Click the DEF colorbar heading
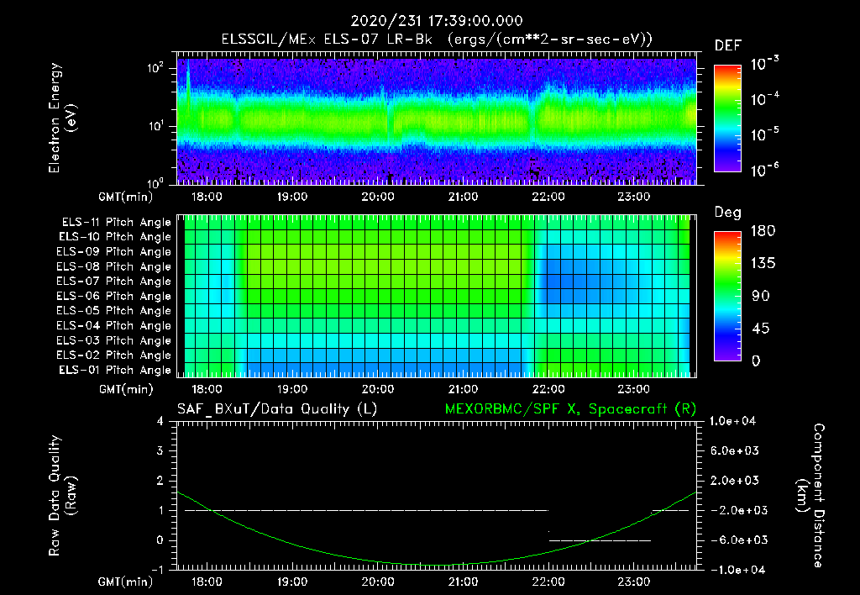(x=727, y=45)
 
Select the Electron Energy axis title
(x=63, y=118)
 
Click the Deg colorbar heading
(x=727, y=213)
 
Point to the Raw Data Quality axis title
(x=63, y=496)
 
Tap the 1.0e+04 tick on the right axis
(x=735, y=421)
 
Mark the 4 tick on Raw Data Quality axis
(x=161, y=421)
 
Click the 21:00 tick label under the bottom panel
(x=464, y=581)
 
